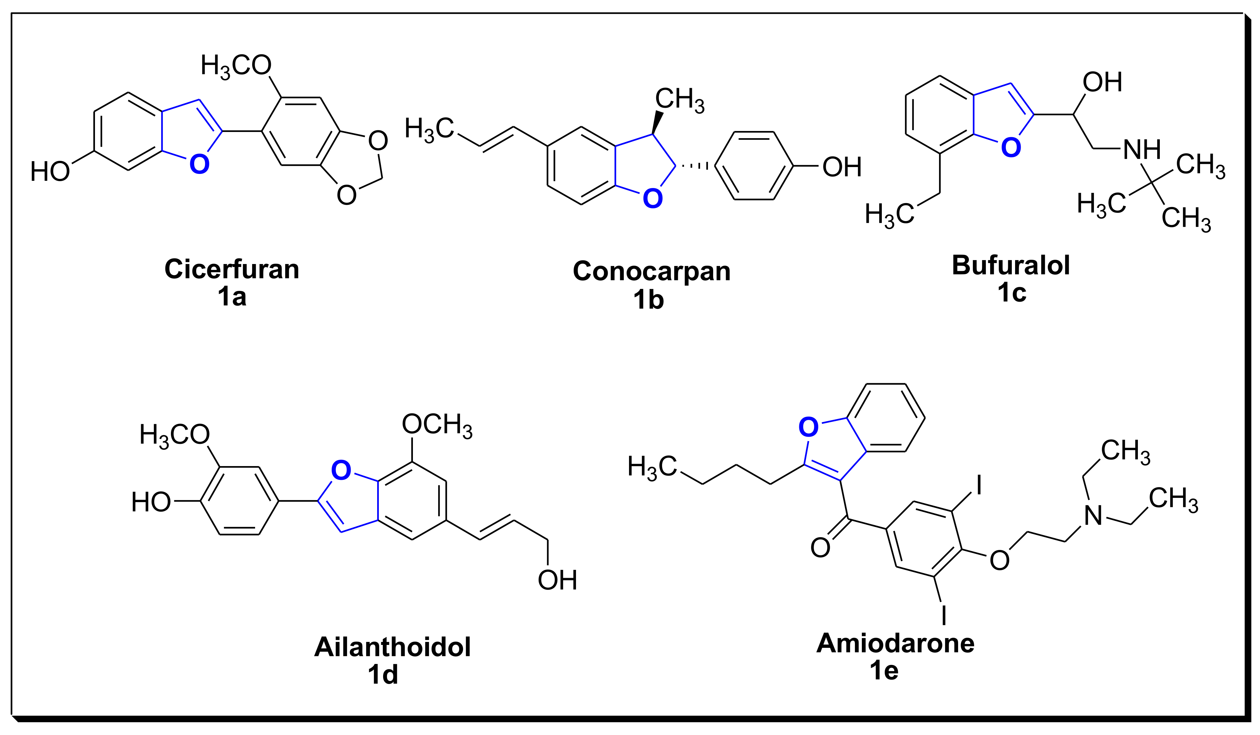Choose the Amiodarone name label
(x=895, y=643)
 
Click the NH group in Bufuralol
(x=1142, y=149)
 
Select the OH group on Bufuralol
(x=1102, y=82)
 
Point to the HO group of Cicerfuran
(x=50, y=172)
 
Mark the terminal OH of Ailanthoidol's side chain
(x=558, y=580)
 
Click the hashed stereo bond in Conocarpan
(x=695, y=165)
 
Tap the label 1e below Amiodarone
(x=884, y=670)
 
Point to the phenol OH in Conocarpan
(x=842, y=167)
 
